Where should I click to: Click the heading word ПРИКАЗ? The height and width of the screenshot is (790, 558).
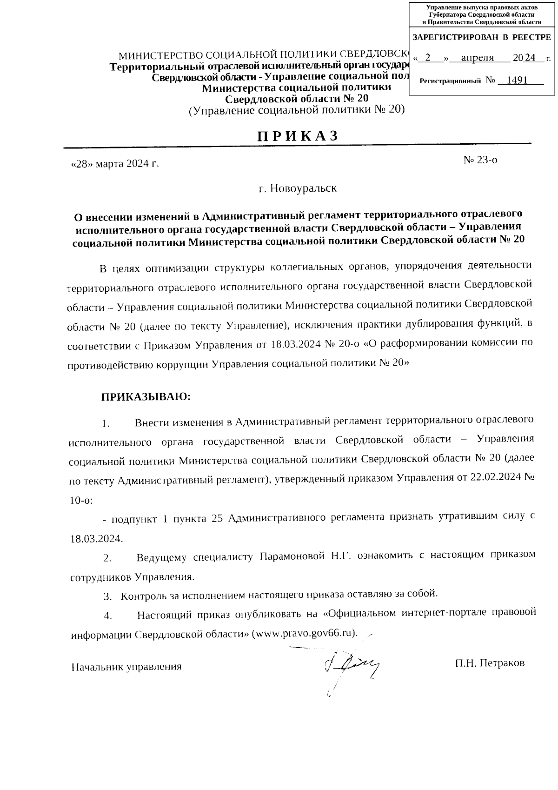[297, 135]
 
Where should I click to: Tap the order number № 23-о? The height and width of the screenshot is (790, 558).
[480, 160]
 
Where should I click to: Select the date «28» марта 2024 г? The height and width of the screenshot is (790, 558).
[115, 164]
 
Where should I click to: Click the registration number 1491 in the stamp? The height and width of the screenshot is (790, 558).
[517, 80]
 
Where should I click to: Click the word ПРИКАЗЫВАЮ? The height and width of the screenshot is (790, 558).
[146, 397]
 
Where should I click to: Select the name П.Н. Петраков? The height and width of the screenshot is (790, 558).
[490, 663]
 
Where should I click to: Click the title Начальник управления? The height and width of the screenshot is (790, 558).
[126, 667]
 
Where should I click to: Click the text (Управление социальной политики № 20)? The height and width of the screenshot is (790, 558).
[297, 110]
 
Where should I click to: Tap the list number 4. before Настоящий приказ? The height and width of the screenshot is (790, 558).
[108, 616]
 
